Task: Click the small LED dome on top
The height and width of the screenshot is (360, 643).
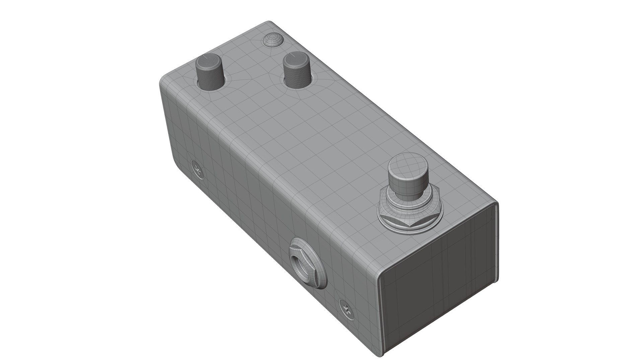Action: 273,40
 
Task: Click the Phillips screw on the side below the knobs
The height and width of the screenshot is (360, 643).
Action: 198,169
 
